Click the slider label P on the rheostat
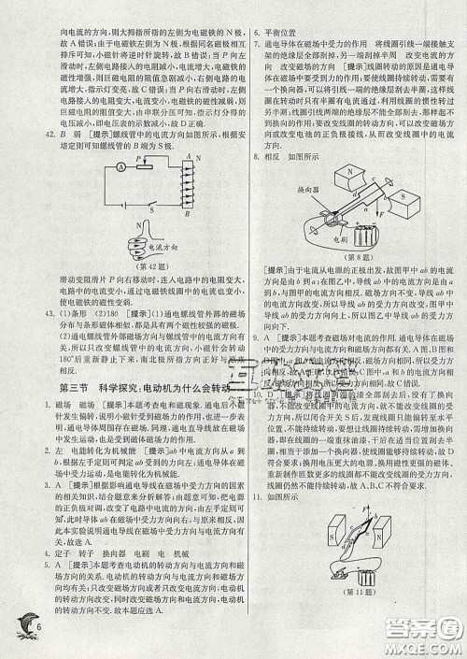(138, 159)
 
